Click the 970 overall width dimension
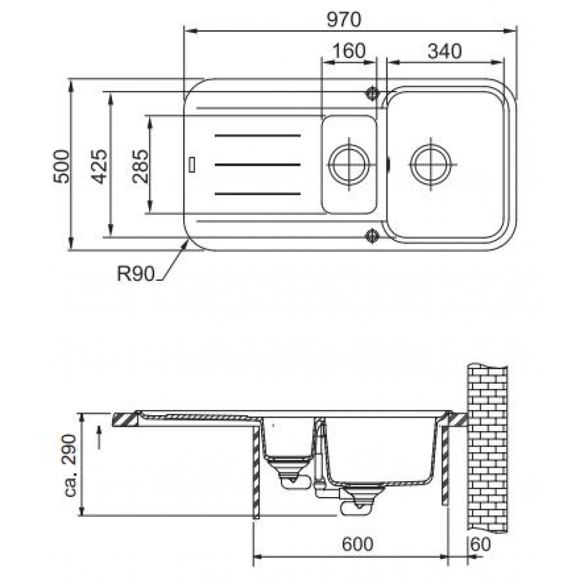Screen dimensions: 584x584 (x=344, y=20)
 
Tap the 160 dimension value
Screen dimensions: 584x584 (x=349, y=51)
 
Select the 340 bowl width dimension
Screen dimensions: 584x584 (x=444, y=51)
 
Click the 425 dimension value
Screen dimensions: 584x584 (x=99, y=166)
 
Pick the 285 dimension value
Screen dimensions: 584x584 (x=140, y=166)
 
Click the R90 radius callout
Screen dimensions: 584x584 (x=135, y=274)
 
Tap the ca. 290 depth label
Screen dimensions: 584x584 (x=71, y=465)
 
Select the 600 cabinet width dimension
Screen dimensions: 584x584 (x=357, y=544)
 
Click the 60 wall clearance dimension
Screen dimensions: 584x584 (x=481, y=544)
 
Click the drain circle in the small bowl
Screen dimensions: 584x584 (x=349, y=164)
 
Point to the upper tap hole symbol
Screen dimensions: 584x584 (x=372, y=93)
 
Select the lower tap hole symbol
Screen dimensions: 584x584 (x=372, y=235)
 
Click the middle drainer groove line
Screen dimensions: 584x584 (x=258, y=164)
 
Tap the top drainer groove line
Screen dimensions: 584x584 (x=258, y=135)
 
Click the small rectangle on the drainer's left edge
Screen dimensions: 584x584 (x=192, y=165)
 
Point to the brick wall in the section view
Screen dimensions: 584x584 (x=488, y=448)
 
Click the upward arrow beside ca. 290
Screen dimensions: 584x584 (x=99, y=438)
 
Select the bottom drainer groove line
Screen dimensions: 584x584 (x=258, y=194)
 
